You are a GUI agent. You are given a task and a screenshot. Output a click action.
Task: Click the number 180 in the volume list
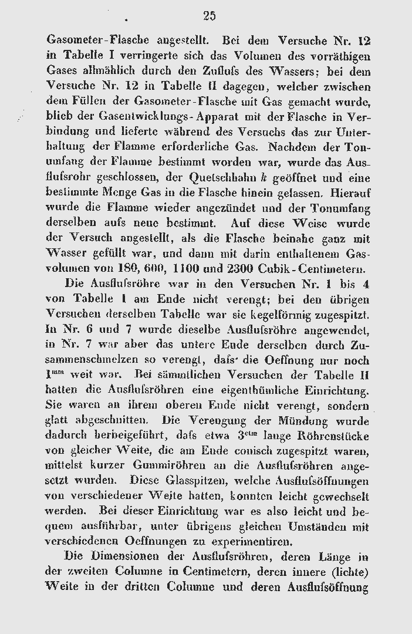[x=126, y=269]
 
